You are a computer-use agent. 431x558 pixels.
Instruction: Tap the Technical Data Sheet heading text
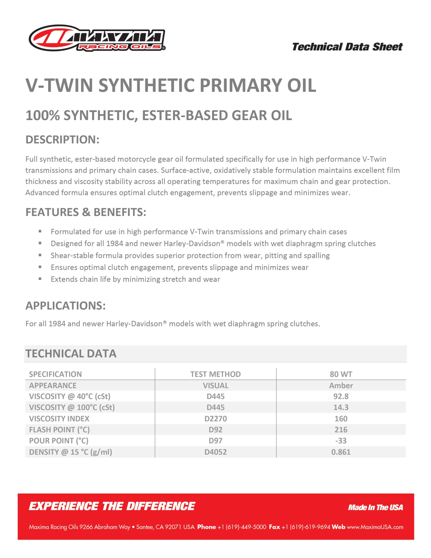[x=347, y=47]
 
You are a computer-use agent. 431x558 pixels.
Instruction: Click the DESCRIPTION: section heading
[x=62, y=139]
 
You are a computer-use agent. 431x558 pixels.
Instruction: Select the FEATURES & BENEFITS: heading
[x=86, y=212]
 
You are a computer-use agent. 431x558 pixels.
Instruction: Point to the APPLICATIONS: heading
[x=65, y=306]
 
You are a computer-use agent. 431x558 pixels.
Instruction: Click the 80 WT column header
[x=341, y=374]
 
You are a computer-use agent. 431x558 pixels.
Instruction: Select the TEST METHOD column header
[x=215, y=374]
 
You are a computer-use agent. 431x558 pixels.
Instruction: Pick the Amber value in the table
[x=341, y=385]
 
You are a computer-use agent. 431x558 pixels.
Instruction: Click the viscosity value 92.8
[x=341, y=396]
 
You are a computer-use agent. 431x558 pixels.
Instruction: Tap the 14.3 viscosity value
[x=341, y=407]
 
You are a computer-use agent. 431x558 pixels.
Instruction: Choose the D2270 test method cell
[x=215, y=418]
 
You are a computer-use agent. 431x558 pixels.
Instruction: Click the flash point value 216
[x=341, y=429]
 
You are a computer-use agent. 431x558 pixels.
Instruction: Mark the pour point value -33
[x=341, y=441]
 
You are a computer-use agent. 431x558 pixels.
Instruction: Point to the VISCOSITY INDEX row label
[x=59, y=418]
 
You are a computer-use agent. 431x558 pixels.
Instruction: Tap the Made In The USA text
[x=375, y=507]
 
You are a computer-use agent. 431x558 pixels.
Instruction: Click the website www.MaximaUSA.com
[x=375, y=527]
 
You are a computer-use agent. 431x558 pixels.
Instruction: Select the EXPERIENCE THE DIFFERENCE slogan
[x=112, y=506]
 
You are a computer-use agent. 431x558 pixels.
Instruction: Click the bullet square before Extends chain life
[x=40, y=279]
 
